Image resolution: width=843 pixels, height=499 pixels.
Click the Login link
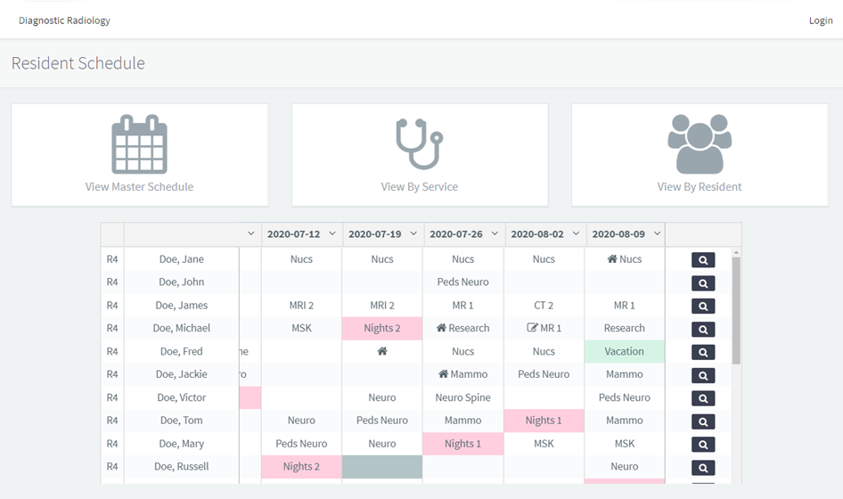820,20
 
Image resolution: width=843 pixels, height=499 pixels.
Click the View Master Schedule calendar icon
139,144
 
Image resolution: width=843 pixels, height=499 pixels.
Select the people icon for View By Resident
700,144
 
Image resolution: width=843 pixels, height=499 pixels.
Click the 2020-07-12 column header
293,234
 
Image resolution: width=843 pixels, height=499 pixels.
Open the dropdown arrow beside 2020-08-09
657,234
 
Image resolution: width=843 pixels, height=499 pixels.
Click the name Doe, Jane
181,259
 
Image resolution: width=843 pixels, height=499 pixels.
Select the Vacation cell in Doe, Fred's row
624,351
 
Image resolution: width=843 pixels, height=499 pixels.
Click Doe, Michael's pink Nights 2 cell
382,328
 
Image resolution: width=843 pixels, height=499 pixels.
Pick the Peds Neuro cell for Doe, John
463,282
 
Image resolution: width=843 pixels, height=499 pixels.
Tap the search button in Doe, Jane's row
702,260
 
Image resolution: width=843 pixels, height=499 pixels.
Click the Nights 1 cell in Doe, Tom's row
544,421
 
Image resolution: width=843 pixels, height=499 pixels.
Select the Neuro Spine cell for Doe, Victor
463,397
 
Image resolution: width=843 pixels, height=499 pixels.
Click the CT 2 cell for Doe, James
544,306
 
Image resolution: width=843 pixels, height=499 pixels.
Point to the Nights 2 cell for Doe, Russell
301,466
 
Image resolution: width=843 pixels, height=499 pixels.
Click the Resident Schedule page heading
78,63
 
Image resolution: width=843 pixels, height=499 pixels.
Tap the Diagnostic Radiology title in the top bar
64,20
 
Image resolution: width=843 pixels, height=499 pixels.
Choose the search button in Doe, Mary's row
702,444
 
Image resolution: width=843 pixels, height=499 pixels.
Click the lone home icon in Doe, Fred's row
382,351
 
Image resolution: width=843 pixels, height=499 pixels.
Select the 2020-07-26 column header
456,234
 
